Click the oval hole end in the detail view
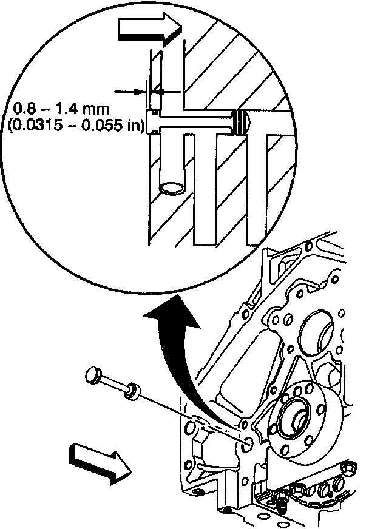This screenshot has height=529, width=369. pyautogui.click(x=174, y=186)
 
